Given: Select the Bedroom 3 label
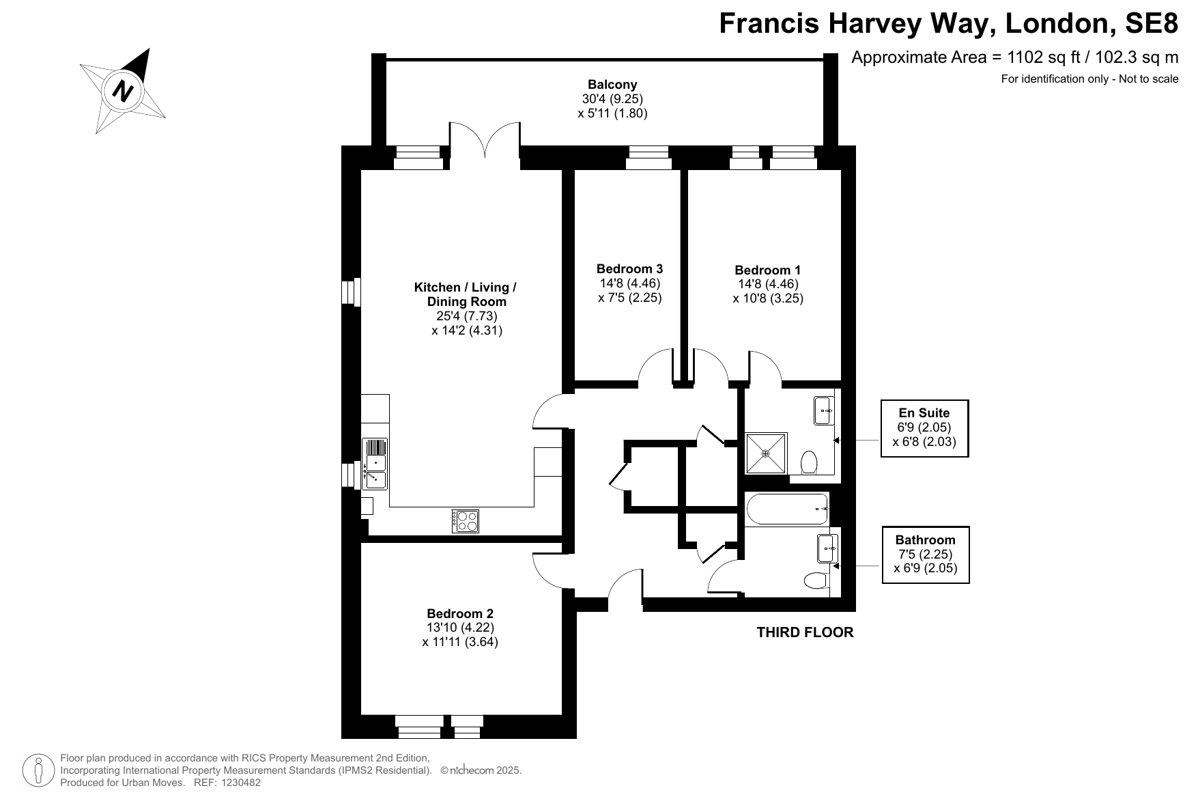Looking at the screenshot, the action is click(x=629, y=269).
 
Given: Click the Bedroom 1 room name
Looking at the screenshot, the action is click(x=768, y=270).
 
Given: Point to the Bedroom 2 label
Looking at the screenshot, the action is click(x=460, y=613).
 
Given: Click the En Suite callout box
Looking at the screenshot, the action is click(x=924, y=428).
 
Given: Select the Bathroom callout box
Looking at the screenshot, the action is click(x=926, y=555).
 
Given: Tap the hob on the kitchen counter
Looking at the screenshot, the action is click(x=465, y=521).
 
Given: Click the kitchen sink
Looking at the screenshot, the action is click(x=375, y=464).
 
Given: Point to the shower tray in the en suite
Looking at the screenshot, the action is click(x=766, y=453).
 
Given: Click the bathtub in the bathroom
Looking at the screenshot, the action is click(x=787, y=509).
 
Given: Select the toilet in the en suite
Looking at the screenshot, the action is click(x=809, y=462).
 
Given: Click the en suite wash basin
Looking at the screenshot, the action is click(x=824, y=410).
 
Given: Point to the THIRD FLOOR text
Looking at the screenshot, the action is click(x=805, y=632).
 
